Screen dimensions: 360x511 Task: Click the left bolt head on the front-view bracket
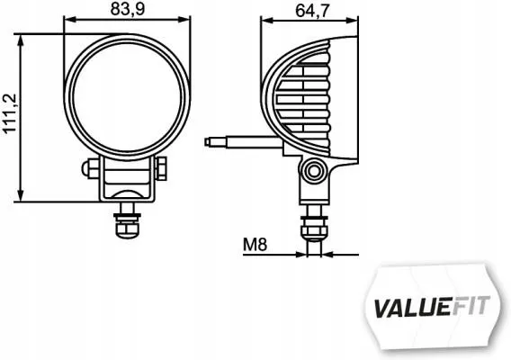(x=90, y=167)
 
